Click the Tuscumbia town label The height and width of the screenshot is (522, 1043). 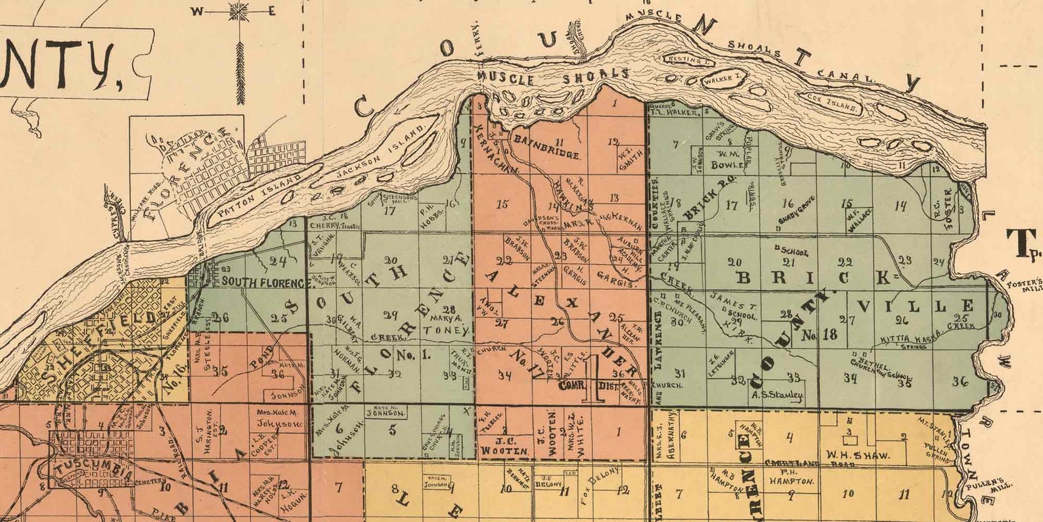(x=94, y=468)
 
